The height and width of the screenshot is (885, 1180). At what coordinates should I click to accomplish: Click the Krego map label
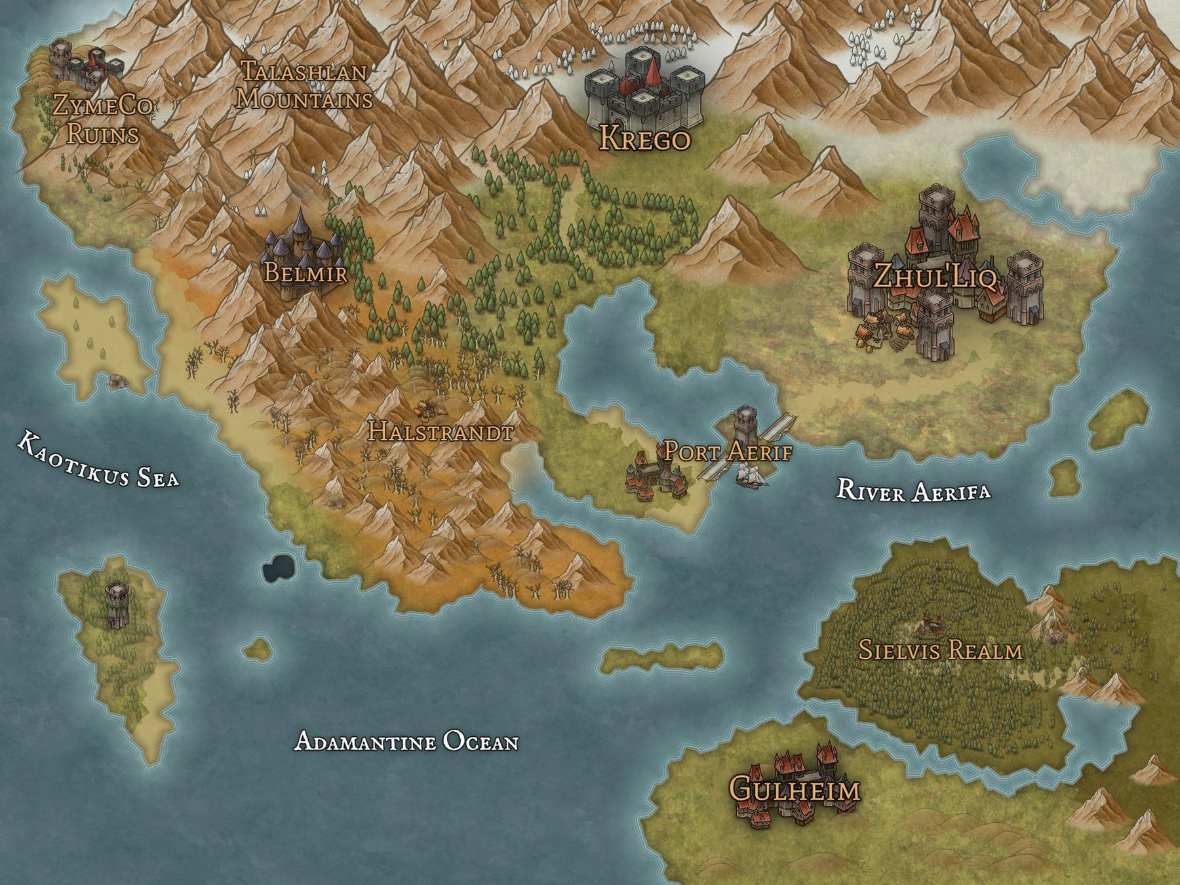click(645, 139)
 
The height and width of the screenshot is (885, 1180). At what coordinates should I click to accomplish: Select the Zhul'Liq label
click(935, 277)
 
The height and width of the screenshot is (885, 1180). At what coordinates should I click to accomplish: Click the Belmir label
click(305, 272)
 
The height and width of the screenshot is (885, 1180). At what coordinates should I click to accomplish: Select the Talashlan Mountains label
click(304, 85)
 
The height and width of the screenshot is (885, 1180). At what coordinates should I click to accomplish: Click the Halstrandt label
click(440, 431)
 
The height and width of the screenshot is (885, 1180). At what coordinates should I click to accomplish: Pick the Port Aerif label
click(728, 452)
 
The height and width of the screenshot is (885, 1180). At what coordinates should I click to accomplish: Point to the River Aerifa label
click(913, 490)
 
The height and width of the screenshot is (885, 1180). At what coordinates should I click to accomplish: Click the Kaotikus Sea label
click(97, 460)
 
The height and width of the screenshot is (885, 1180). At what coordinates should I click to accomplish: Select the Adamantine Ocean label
click(406, 741)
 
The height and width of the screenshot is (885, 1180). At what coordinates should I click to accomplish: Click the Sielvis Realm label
click(940, 650)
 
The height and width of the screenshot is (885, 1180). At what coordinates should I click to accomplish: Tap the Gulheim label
click(795, 789)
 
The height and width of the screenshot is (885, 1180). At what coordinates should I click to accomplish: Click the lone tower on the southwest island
click(117, 603)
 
